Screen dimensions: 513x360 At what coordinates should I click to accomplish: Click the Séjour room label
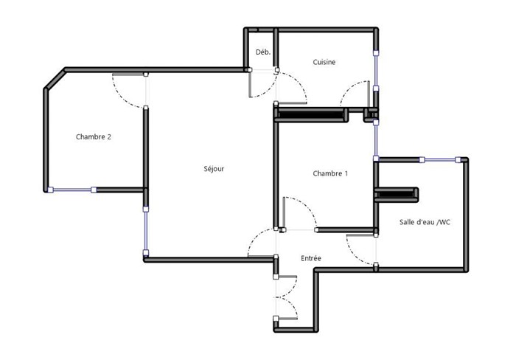point(214,169)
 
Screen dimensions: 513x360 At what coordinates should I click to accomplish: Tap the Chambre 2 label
point(94,136)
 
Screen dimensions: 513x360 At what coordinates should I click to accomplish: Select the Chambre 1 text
point(330,173)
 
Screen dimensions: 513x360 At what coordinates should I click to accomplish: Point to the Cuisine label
point(324,62)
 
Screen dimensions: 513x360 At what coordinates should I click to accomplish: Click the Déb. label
point(263,52)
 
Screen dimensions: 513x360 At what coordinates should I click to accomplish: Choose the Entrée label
point(311,258)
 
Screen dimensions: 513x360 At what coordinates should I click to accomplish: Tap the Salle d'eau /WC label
point(425,222)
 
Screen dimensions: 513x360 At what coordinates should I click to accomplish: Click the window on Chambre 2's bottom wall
point(72,190)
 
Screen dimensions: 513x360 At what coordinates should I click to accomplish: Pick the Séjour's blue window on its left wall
point(146,231)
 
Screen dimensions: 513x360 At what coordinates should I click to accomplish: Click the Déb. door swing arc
point(268,91)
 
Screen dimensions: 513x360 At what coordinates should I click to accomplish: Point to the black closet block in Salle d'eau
point(397,195)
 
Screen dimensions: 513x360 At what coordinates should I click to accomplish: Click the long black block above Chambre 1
point(311,114)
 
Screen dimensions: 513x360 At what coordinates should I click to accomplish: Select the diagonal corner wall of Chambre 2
point(55,79)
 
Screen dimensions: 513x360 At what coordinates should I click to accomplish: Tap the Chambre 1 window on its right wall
point(376,140)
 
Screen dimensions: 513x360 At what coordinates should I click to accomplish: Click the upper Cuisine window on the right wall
point(376,70)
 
